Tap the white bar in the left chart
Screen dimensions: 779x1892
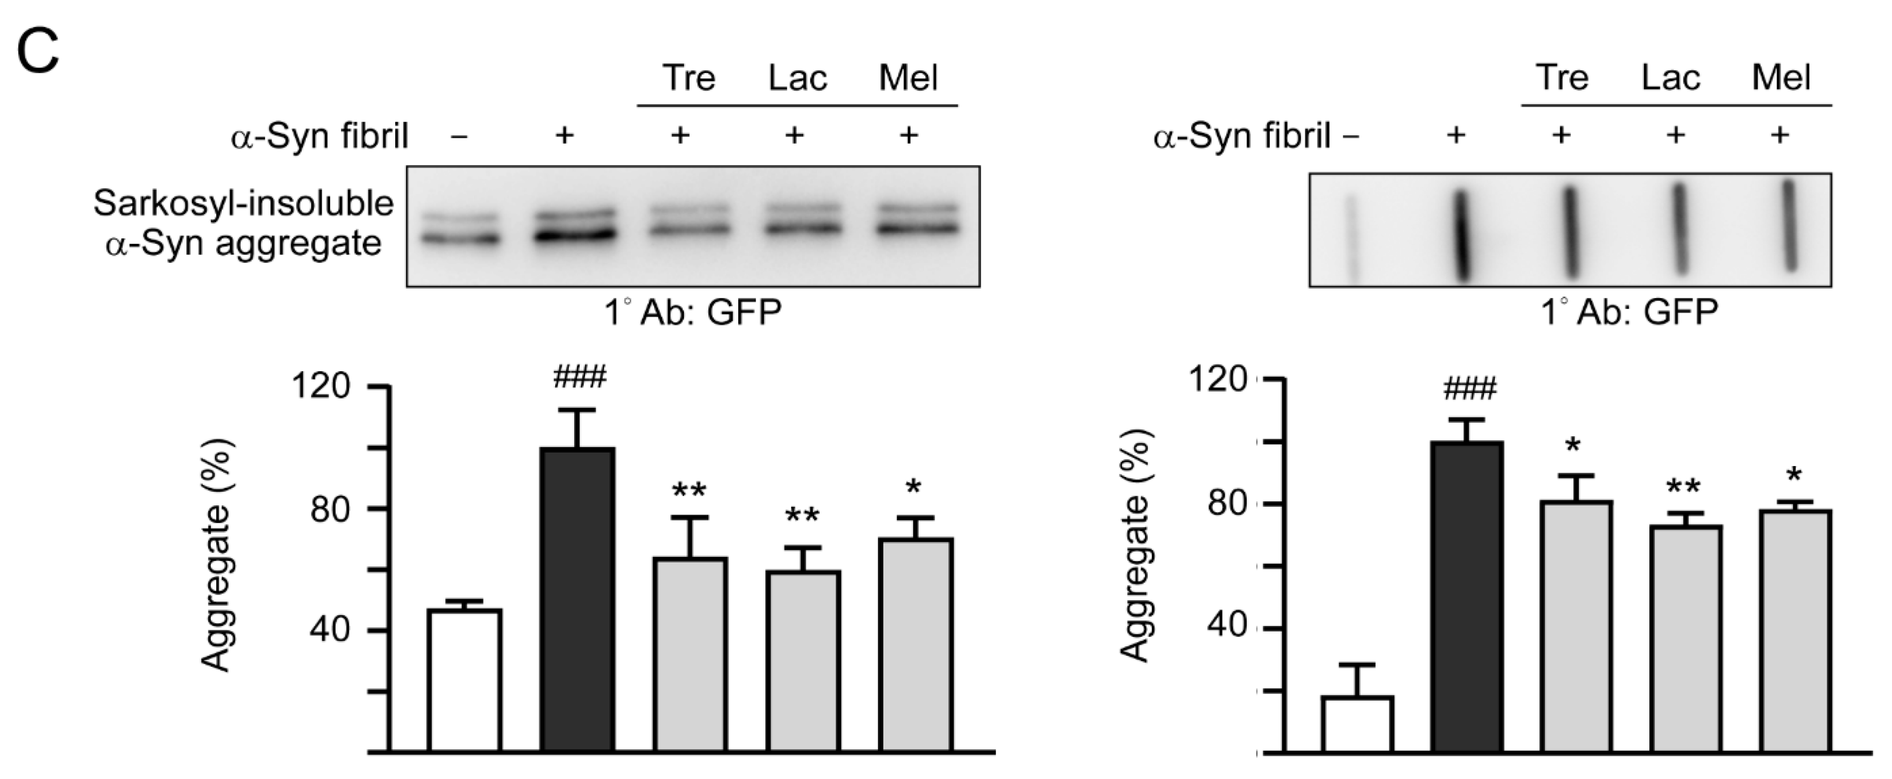click(x=464, y=679)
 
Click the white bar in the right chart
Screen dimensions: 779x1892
click(x=1357, y=723)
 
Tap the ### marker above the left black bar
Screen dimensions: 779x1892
click(x=580, y=378)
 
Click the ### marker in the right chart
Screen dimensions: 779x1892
click(x=1469, y=389)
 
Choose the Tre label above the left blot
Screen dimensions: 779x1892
click(x=688, y=78)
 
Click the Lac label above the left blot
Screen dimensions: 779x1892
click(x=798, y=78)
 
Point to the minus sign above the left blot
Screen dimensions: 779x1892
click(x=460, y=136)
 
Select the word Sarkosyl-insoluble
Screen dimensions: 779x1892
click(x=243, y=203)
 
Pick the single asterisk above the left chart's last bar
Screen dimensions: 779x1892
click(x=914, y=487)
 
